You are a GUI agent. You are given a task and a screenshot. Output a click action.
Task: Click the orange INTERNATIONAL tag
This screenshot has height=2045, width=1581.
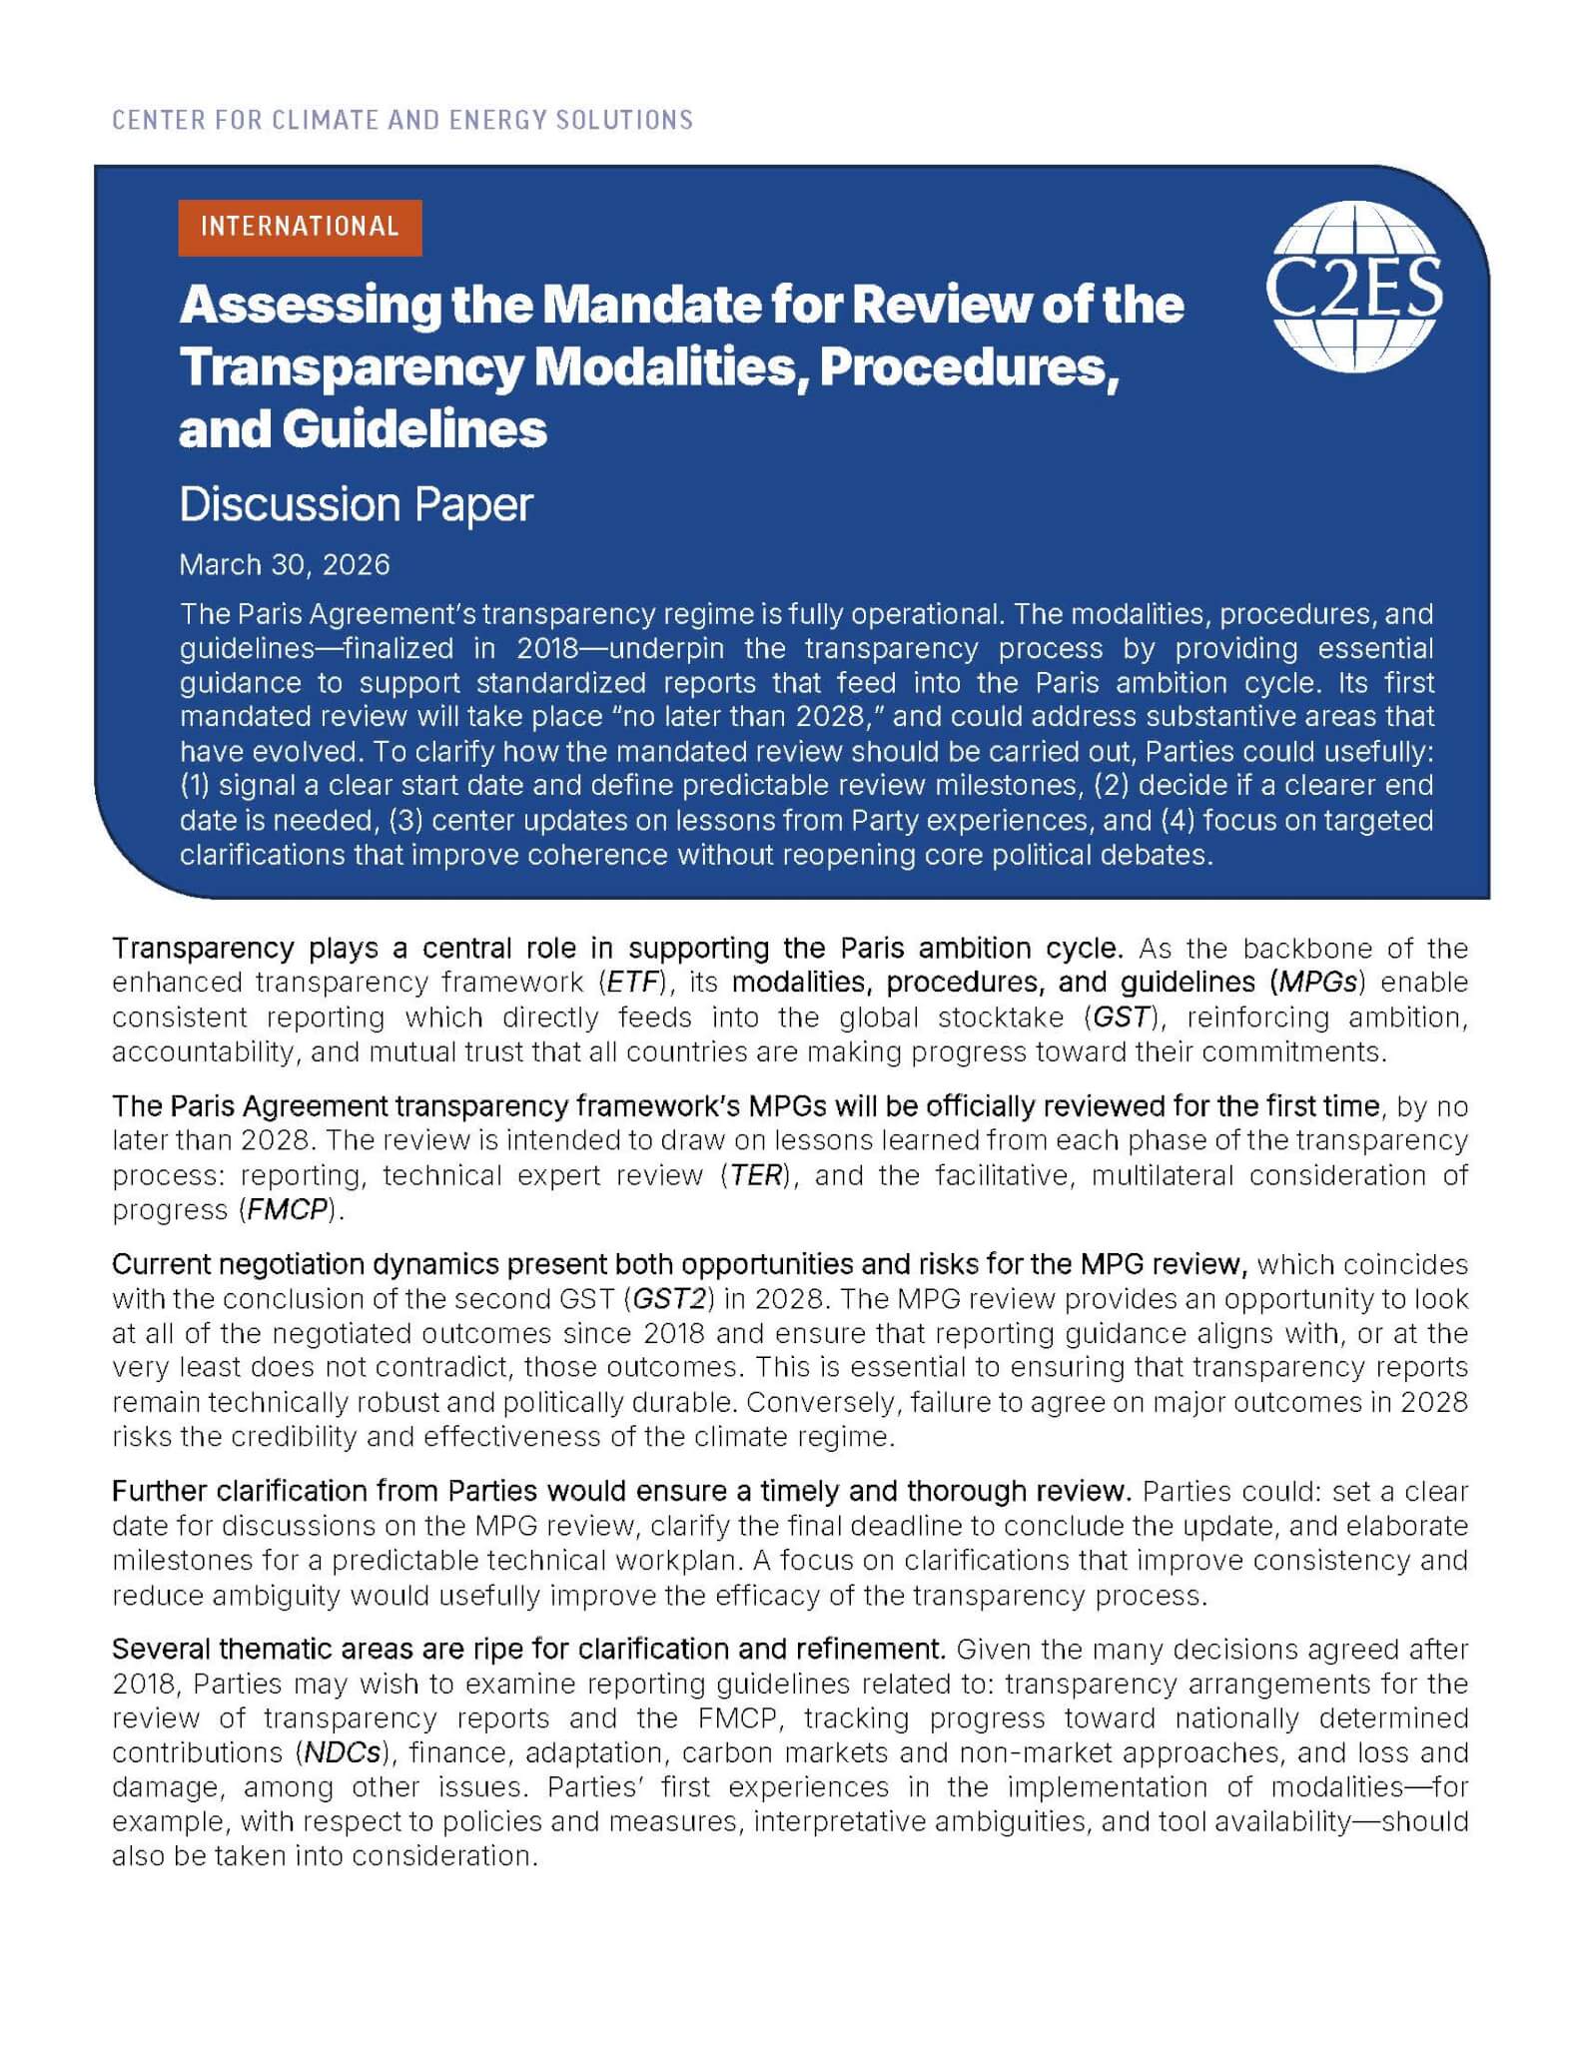click(300, 227)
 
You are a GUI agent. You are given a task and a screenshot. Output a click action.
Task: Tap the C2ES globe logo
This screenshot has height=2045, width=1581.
click(1353, 287)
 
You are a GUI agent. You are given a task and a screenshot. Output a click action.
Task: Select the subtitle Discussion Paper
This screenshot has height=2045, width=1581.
click(356, 504)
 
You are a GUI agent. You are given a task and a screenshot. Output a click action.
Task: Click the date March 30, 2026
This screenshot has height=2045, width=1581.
click(285, 564)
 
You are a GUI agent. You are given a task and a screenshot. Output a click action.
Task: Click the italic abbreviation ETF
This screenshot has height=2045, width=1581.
click(635, 983)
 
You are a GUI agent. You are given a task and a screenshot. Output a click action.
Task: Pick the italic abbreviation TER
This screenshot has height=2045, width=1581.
click(756, 1175)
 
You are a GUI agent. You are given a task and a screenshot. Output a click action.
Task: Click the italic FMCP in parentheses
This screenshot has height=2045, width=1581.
click(289, 1209)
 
